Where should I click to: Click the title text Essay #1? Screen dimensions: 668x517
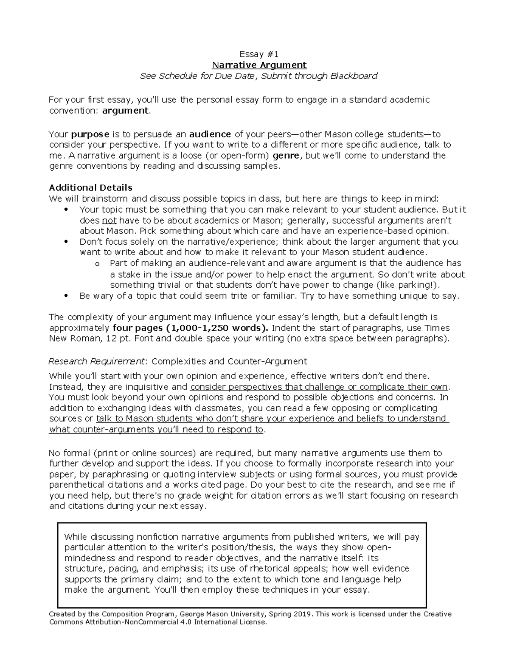click(x=259, y=54)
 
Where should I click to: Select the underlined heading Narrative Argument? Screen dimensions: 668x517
click(x=259, y=65)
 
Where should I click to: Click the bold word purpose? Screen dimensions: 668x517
click(x=90, y=134)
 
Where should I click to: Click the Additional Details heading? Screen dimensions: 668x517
click(x=90, y=188)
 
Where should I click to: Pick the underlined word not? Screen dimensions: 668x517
click(x=109, y=221)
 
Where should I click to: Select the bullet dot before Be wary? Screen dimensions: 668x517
click(x=66, y=296)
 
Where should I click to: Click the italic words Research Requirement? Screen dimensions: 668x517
click(x=98, y=361)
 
